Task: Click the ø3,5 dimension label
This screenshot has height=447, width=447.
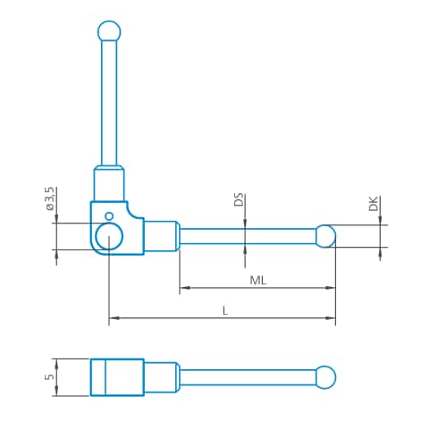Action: click(50, 198)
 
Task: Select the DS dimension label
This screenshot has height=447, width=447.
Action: click(239, 200)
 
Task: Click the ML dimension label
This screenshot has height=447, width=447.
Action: click(258, 280)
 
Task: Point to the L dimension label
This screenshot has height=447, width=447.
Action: click(223, 309)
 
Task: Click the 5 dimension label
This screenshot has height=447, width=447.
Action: click(50, 376)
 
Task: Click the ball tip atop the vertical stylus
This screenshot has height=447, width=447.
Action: click(108, 30)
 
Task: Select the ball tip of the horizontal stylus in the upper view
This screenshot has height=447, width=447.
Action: click(325, 236)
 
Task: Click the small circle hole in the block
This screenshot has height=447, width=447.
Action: click(109, 215)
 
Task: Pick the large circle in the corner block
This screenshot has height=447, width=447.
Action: click(109, 237)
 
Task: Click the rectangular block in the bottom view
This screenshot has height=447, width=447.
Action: click(117, 376)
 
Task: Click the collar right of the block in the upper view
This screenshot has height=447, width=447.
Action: click(161, 237)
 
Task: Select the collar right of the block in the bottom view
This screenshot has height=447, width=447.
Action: click(161, 376)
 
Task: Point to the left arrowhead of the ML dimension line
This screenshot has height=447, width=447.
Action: click(184, 288)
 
